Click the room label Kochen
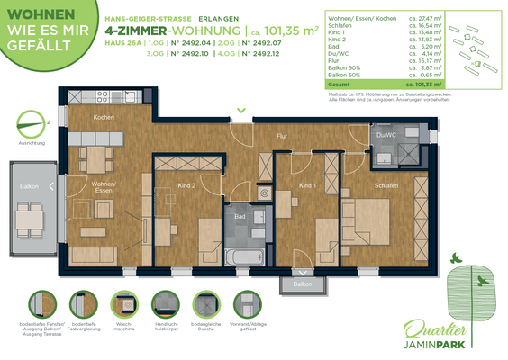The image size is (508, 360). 104,118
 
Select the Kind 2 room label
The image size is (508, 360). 187,185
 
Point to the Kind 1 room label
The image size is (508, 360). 307,185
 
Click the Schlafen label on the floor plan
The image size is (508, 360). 386,185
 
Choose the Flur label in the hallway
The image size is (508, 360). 282,136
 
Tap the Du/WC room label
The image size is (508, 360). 386,135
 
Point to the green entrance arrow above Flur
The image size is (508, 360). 240,111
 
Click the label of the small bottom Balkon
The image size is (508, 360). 302,283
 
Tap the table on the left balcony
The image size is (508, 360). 29,217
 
